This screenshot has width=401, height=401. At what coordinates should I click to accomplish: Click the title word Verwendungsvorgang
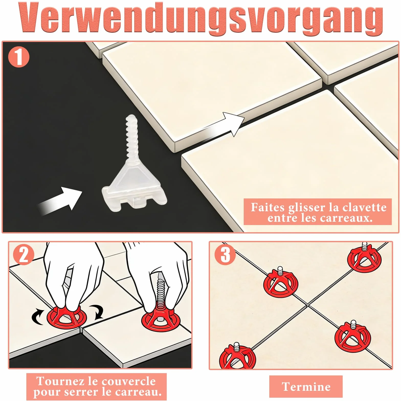pos(201,18)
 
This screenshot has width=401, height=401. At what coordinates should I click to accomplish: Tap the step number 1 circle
pos(19,57)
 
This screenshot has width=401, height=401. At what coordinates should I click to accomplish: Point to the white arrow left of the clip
pos(60,201)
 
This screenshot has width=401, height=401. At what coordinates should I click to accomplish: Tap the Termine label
pos(306,386)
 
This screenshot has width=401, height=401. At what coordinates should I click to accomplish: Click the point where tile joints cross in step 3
pos(307,305)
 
